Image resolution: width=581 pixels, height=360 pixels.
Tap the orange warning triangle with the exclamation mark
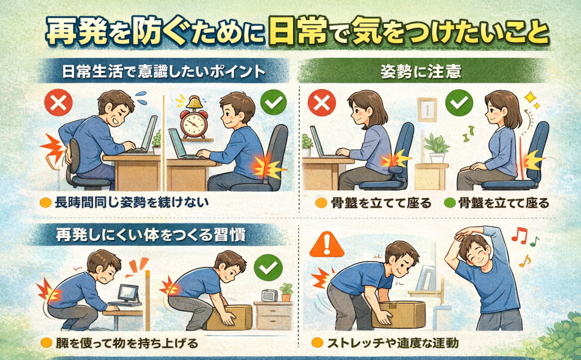327,245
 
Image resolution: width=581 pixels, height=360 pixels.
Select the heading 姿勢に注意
421,72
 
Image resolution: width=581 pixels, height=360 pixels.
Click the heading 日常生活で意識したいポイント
164,71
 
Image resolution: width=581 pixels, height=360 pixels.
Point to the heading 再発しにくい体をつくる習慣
150,235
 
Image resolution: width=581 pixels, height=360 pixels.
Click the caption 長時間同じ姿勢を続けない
132,202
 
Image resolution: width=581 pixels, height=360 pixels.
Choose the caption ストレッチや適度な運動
392,343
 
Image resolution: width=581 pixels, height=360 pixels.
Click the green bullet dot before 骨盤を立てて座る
449,203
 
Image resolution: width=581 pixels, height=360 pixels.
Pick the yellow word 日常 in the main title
298,32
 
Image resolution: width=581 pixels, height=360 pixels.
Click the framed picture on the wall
427,110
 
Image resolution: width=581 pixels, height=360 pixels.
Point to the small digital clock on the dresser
269,295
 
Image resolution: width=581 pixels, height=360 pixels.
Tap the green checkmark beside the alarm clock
274,101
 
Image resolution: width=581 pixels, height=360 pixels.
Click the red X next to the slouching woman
321,103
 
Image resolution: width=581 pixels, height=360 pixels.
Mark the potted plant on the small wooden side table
437,148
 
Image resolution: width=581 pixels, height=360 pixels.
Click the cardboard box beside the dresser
229,317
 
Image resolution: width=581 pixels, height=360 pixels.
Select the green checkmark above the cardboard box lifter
268,267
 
